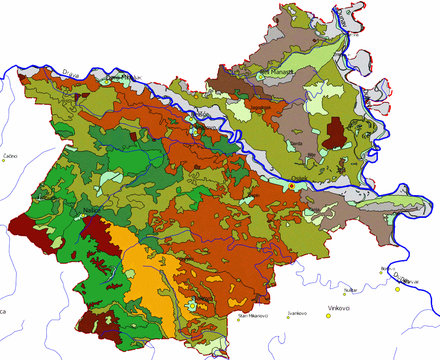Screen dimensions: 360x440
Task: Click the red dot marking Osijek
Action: (x=291, y=187)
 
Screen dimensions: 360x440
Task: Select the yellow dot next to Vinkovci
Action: (x=329, y=316)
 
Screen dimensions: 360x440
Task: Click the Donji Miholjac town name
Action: (x=124, y=77)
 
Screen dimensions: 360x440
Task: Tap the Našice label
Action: (x=92, y=210)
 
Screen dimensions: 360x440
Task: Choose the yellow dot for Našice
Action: (x=84, y=215)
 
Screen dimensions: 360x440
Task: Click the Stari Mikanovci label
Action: (x=253, y=316)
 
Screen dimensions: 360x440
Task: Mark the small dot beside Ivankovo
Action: (x=288, y=318)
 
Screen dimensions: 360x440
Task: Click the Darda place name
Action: (x=297, y=144)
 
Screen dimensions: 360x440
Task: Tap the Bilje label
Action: (x=312, y=155)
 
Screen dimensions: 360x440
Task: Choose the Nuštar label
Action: (x=351, y=290)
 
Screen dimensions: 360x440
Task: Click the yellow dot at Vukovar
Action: (x=398, y=289)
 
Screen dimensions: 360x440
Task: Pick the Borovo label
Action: (x=387, y=268)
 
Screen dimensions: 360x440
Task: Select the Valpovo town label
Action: (x=205, y=128)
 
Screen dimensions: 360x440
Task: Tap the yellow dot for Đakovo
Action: (x=192, y=306)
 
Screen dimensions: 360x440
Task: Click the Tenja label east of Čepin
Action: (x=314, y=210)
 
